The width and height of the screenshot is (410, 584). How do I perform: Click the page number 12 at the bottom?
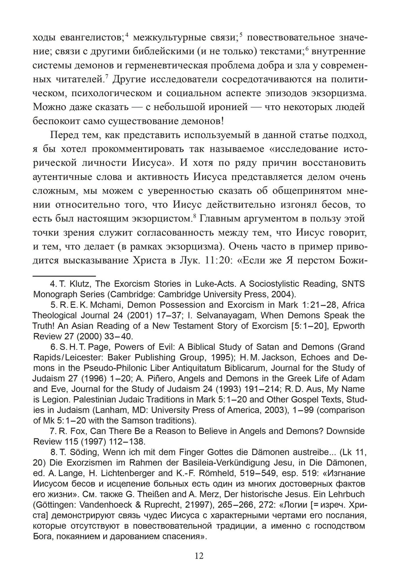(199, 556)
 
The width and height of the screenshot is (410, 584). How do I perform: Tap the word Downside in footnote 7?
(345, 431)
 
